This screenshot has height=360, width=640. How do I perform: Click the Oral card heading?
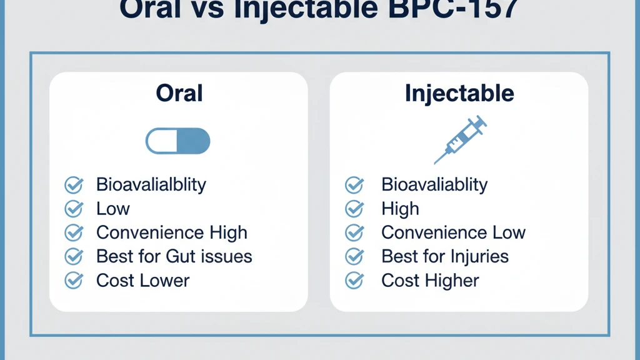(179, 93)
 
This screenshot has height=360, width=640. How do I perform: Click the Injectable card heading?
(459, 93)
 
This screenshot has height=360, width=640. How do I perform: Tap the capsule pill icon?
(178, 141)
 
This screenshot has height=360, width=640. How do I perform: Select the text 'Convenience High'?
(172, 232)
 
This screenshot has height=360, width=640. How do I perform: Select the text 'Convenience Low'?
(453, 232)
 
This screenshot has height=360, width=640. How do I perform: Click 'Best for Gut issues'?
(174, 256)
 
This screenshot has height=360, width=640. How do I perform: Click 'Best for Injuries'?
(445, 256)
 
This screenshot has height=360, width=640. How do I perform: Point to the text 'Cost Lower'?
(142, 281)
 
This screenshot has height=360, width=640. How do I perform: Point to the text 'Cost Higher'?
(430, 281)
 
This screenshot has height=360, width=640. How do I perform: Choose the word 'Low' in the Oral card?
(113, 209)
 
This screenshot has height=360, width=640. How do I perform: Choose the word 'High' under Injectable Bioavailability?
(400, 209)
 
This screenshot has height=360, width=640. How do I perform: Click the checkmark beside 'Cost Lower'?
(74, 281)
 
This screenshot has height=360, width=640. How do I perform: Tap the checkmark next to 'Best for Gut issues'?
(74, 256)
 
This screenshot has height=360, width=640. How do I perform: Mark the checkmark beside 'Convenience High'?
(74, 232)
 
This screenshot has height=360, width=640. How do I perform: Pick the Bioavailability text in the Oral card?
(151, 184)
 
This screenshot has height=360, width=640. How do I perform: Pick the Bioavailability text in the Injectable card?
(434, 184)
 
